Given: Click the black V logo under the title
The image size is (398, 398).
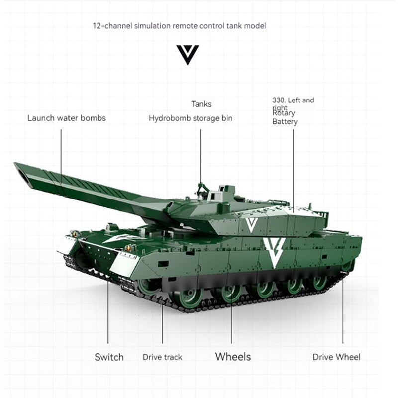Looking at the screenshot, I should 187,54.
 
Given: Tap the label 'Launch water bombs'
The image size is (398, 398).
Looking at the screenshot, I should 67,118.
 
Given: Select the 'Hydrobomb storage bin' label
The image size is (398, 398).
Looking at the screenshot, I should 191,118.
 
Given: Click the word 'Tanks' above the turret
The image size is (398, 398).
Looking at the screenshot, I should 201,104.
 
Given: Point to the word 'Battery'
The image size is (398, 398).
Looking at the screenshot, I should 285,122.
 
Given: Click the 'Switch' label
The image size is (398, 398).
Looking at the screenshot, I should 109,357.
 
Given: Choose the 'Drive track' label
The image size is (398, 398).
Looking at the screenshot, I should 162,357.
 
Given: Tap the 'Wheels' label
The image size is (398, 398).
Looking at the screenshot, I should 233,356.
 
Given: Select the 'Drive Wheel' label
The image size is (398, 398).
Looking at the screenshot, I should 336,357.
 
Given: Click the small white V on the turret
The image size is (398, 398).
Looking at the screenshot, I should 251,225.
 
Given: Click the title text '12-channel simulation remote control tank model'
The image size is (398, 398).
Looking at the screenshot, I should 179,25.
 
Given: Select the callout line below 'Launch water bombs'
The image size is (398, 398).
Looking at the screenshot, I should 61,154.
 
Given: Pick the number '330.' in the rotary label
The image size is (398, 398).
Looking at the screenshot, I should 279,100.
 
